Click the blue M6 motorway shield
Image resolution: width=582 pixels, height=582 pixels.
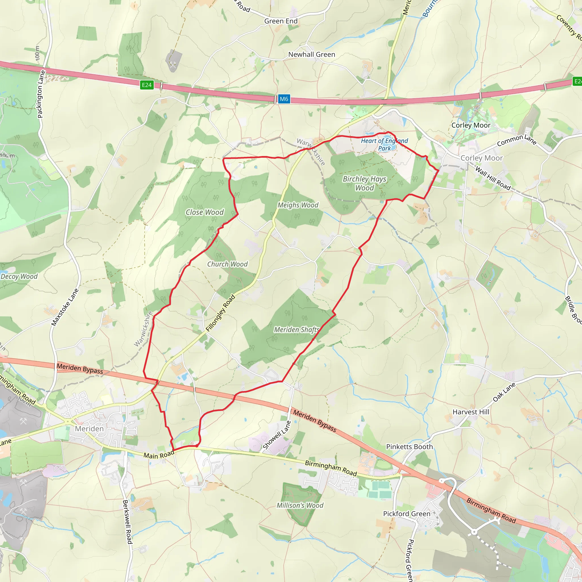284,99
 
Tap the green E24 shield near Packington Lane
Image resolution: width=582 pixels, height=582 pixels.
147,85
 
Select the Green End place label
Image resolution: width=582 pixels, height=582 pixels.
281,21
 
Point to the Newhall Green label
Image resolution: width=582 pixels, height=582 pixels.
311,55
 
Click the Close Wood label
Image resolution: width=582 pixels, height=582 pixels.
205,212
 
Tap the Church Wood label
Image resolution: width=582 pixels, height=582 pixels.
227,264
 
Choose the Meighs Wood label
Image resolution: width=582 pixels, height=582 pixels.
298,205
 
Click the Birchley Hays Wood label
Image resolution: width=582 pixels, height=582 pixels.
365,183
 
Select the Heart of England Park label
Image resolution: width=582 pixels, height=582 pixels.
384,144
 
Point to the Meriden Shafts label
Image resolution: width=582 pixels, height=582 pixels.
296,330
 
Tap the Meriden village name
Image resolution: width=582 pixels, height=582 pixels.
89,429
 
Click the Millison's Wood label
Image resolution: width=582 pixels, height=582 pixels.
300,506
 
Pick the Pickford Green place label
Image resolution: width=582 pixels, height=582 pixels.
407,514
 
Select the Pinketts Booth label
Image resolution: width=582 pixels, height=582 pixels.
410,447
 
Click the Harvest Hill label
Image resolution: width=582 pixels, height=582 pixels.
471,412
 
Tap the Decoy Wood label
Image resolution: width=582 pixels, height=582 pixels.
19,277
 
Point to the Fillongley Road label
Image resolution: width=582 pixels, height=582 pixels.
221,313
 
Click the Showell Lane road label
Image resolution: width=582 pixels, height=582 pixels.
277,435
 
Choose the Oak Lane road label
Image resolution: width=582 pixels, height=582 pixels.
504,392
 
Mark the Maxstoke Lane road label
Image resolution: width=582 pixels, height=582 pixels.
65,307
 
